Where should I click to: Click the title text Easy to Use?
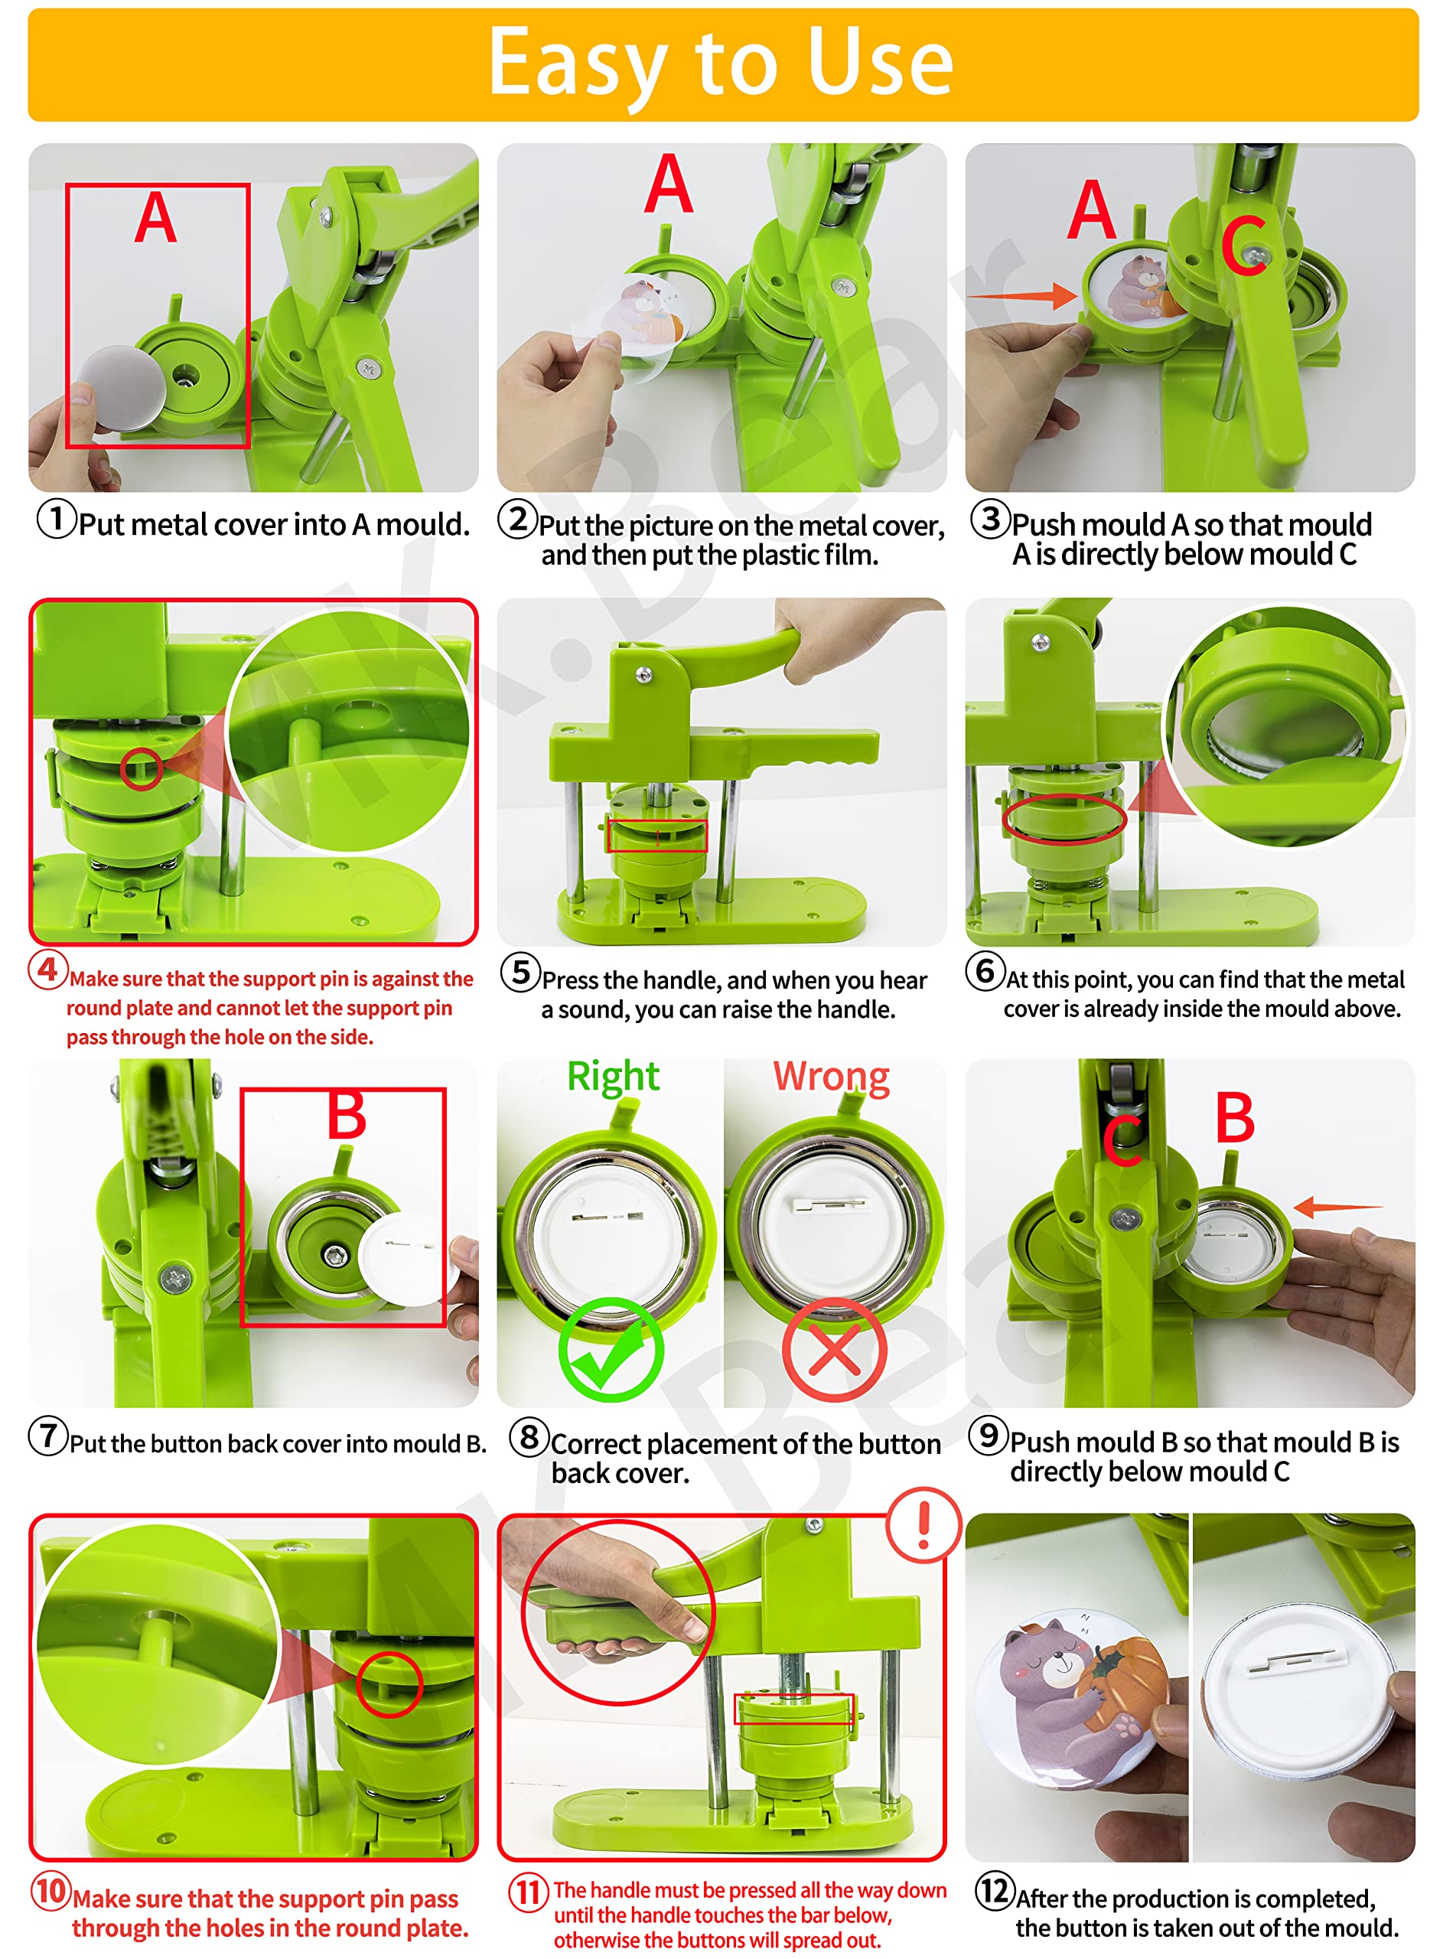(720, 63)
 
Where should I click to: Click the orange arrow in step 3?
(1022, 295)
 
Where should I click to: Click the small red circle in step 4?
(141, 768)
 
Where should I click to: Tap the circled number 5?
(520, 972)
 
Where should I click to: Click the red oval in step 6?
(1064, 818)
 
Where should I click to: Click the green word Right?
(612, 1076)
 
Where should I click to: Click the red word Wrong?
(831, 1076)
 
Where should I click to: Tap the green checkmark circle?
(611, 1349)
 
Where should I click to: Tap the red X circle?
(834, 1349)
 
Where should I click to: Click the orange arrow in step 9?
(1337, 1207)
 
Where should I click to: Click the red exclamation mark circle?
(923, 1525)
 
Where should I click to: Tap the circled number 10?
(50, 1891)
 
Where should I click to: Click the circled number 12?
(994, 1890)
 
